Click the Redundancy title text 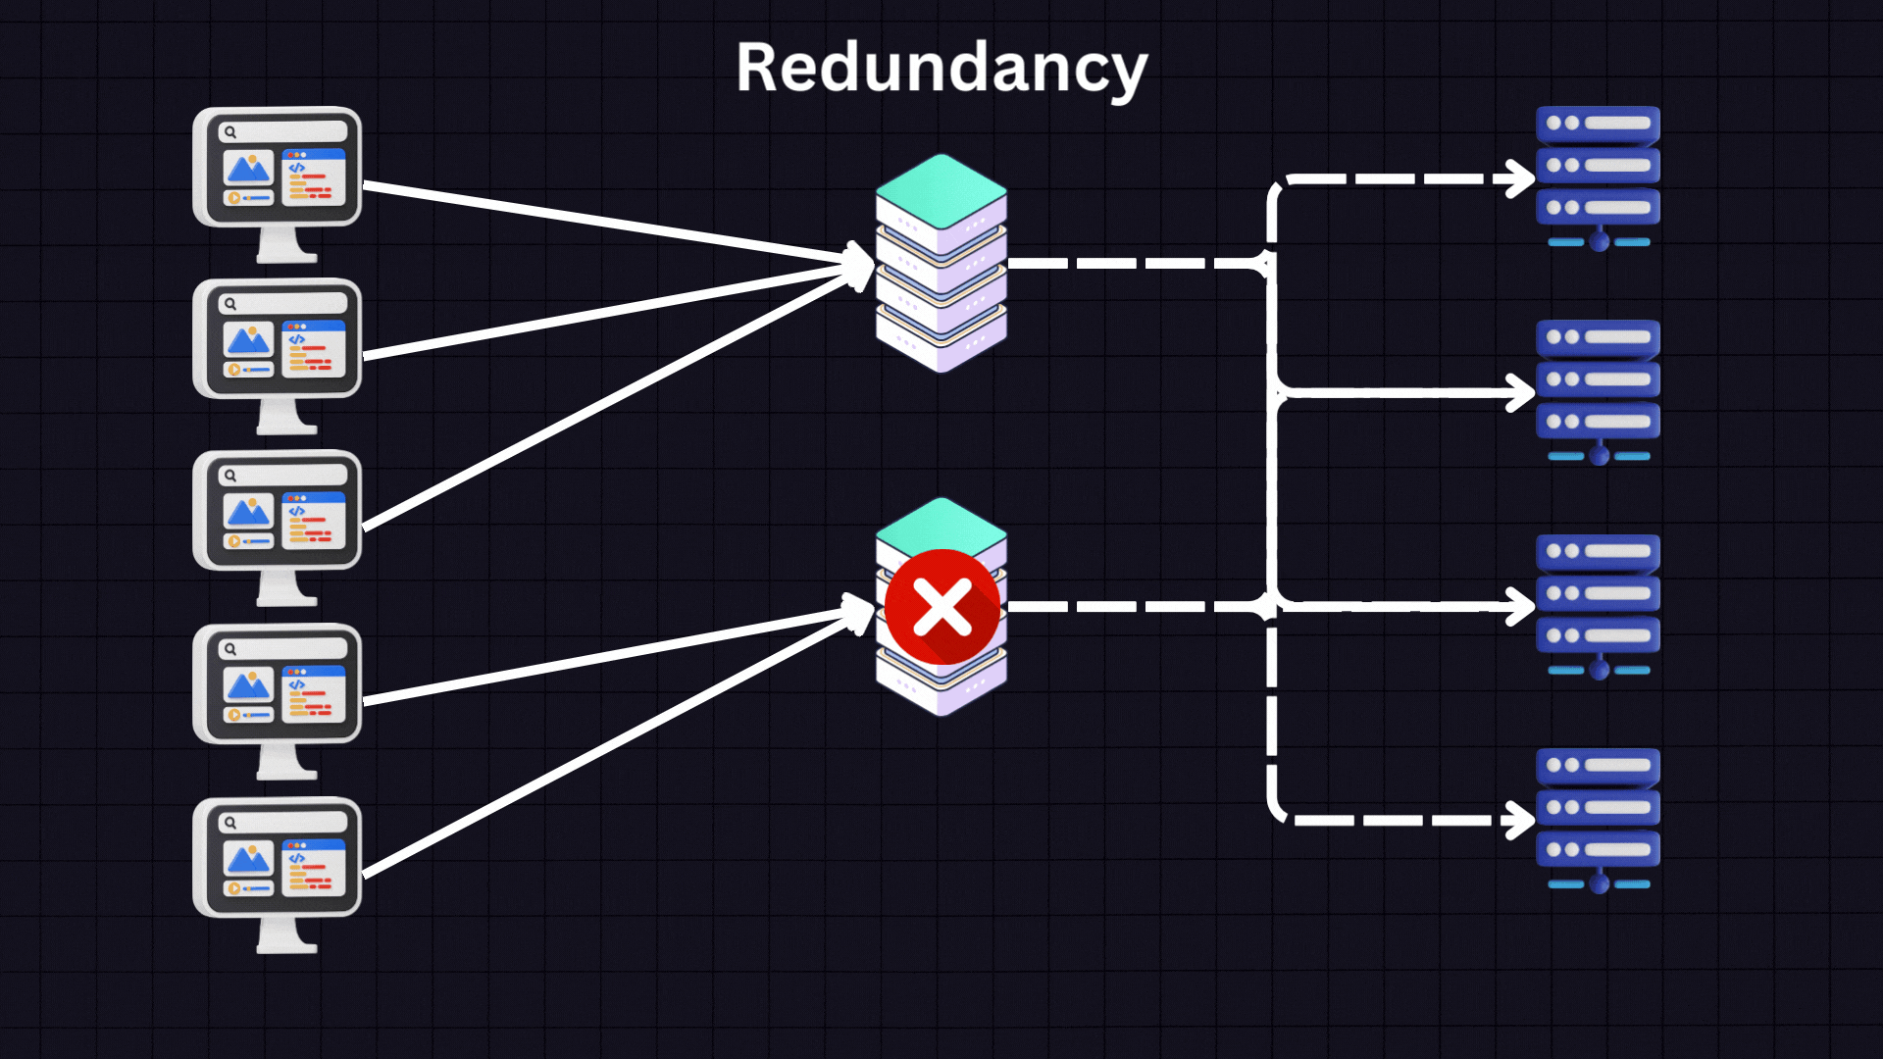tap(941, 69)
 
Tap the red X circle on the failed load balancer tap(942, 607)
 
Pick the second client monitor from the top tap(278, 339)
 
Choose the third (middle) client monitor tap(278, 511)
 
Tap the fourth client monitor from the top tap(278, 684)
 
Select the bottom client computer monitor tap(278, 858)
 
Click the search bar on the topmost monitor tap(284, 131)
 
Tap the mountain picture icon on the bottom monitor tap(248, 860)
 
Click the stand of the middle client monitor tap(285, 588)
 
